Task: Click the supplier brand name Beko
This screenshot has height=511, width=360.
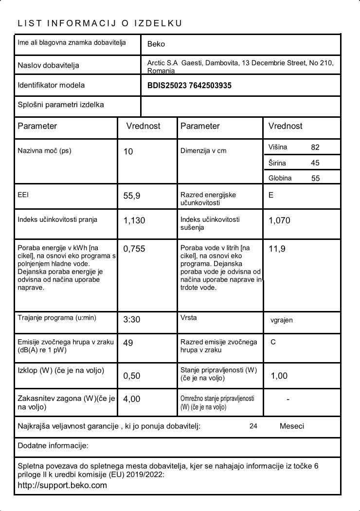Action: (x=156, y=44)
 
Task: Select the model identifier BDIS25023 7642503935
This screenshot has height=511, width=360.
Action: (x=189, y=86)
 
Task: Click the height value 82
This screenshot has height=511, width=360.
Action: (x=315, y=147)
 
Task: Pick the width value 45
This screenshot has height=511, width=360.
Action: (x=315, y=163)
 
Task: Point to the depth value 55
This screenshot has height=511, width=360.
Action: (x=315, y=178)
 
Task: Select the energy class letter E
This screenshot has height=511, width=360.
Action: (x=271, y=195)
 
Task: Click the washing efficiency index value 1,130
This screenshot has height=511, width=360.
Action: (x=134, y=220)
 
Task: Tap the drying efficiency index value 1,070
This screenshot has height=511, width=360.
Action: (x=279, y=220)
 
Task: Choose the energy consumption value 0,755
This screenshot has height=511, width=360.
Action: (x=134, y=249)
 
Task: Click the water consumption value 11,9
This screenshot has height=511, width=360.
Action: (x=277, y=249)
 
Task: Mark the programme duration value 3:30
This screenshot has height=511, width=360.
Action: (x=132, y=320)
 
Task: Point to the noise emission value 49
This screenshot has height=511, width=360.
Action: (x=128, y=343)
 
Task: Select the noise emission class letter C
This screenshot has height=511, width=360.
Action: (x=273, y=342)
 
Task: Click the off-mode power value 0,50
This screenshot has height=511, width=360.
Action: (x=132, y=376)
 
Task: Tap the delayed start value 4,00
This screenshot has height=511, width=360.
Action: (x=132, y=399)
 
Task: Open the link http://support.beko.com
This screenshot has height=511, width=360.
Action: (x=62, y=485)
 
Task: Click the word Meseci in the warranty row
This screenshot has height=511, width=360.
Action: (x=292, y=426)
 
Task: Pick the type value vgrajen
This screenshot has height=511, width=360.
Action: (x=282, y=320)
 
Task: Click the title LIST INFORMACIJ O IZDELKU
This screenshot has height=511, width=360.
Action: (x=100, y=23)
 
